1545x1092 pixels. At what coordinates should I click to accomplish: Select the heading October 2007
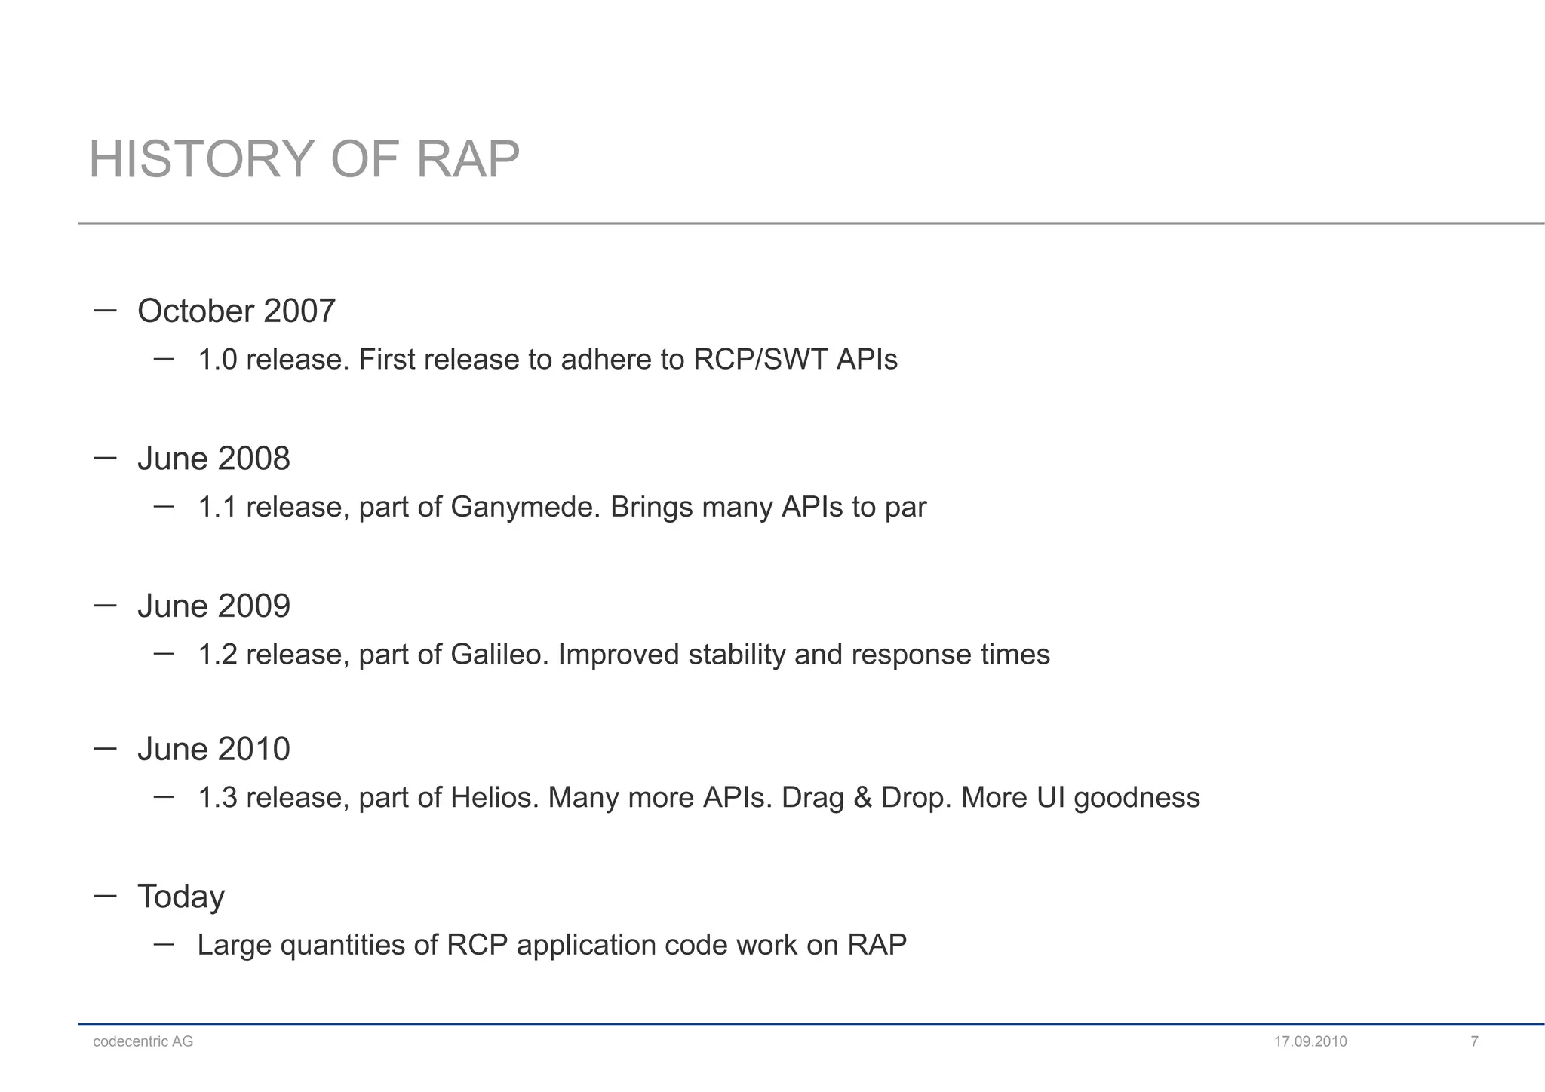coord(236,311)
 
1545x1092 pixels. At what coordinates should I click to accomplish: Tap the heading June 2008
coord(213,459)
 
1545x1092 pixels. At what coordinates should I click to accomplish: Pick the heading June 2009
coord(213,606)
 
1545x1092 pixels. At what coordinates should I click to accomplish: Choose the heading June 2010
coord(213,749)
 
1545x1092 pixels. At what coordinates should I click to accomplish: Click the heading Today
coord(181,897)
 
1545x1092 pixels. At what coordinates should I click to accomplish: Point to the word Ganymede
coord(525,507)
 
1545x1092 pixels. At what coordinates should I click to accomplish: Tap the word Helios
coord(494,797)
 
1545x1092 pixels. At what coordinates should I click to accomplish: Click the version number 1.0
coord(217,360)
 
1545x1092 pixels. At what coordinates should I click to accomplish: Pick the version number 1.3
coord(217,797)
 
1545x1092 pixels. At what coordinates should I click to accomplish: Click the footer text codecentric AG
coord(143,1041)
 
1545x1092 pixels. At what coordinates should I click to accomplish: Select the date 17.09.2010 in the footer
coord(1310,1041)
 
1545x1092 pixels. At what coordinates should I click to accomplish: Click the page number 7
coord(1474,1041)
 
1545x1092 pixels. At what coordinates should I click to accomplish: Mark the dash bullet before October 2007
coord(105,310)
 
